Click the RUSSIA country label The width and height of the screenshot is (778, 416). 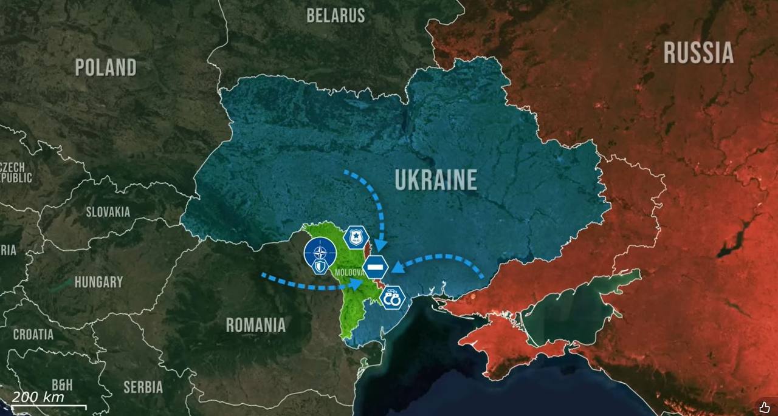(698, 53)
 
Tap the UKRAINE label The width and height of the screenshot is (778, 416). (436, 180)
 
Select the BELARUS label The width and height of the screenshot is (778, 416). (336, 15)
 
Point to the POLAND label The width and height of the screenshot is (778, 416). (106, 67)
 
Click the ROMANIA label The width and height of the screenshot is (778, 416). (255, 325)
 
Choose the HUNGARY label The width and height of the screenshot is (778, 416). (98, 282)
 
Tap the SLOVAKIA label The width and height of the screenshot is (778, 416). (108, 212)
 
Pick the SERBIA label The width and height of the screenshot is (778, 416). (143, 387)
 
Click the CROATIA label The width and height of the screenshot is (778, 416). (33, 335)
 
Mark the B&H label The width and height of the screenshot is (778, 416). (62, 384)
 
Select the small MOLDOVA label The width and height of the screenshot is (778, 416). (349, 273)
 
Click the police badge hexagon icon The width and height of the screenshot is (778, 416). (356, 237)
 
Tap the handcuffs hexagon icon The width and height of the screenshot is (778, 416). (393, 298)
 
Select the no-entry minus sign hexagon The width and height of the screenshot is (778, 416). (376, 267)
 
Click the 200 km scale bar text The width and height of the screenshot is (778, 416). (38, 397)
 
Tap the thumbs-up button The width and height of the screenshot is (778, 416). (764, 407)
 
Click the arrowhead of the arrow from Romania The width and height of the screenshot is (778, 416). (357, 284)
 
